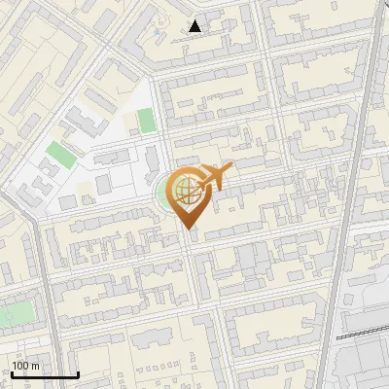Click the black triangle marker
(x=195, y=26)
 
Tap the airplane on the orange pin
(x=213, y=177)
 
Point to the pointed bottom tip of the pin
(x=187, y=230)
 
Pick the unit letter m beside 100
(x=35, y=366)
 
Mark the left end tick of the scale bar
(x=13, y=373)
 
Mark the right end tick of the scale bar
(x=78, y=373)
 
